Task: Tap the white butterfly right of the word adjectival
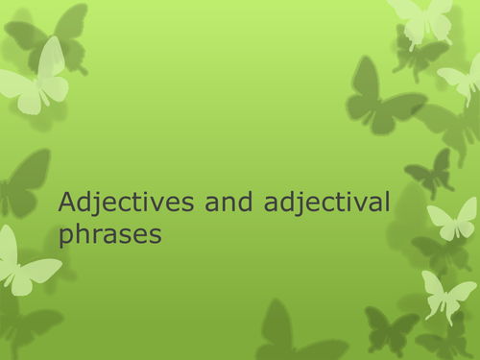point(451,219)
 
